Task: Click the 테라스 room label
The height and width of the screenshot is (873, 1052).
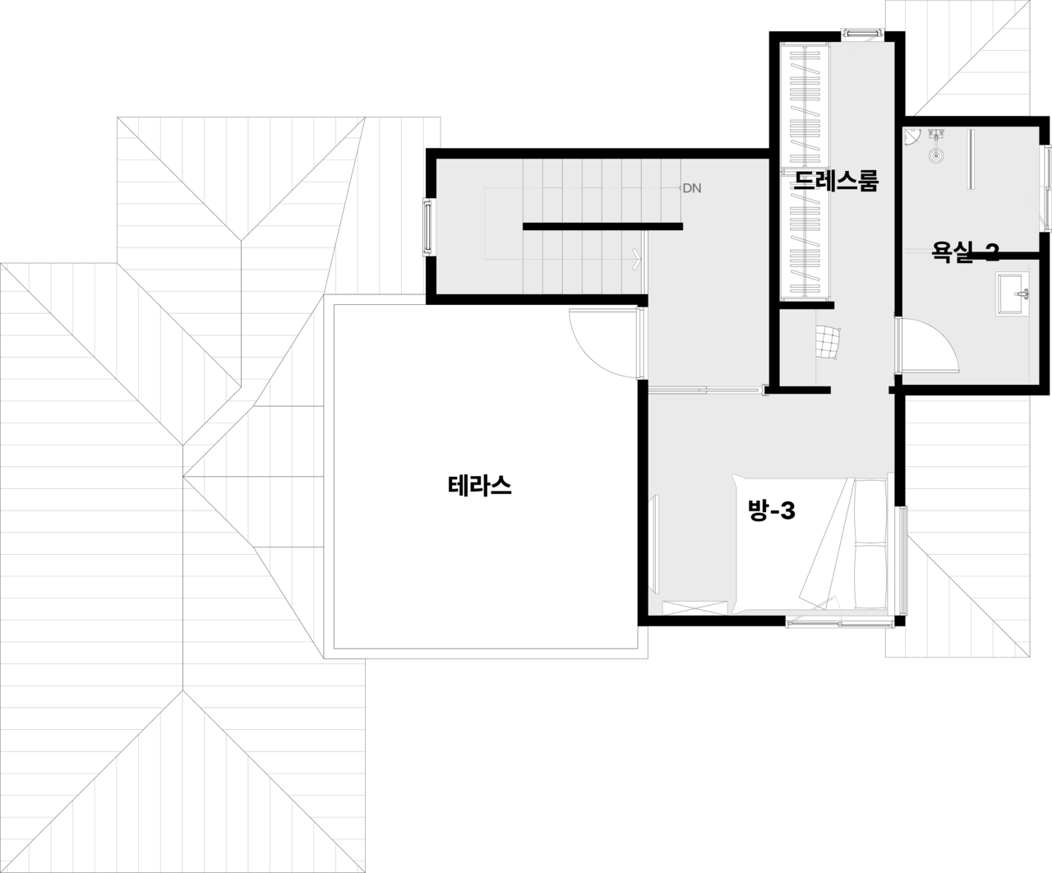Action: click(480, 486)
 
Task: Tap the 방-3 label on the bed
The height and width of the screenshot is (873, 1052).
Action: click(772, 511)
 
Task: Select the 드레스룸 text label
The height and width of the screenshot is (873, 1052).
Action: click(835, 181)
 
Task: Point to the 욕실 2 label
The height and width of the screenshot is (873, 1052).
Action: click(965, 252)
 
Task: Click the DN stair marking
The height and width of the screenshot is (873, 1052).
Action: click(691, 188)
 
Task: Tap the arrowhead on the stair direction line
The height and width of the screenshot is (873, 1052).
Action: click(637, 259)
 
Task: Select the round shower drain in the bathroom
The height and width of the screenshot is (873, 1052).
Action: click(936, 154)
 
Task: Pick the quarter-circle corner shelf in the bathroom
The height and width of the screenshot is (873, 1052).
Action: click(911, 136)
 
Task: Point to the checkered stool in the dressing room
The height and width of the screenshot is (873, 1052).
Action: click(829, 342)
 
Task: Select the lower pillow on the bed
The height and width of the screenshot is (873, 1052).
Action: click(870, 575)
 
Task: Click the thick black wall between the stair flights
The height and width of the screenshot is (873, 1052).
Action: click(602, 226)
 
